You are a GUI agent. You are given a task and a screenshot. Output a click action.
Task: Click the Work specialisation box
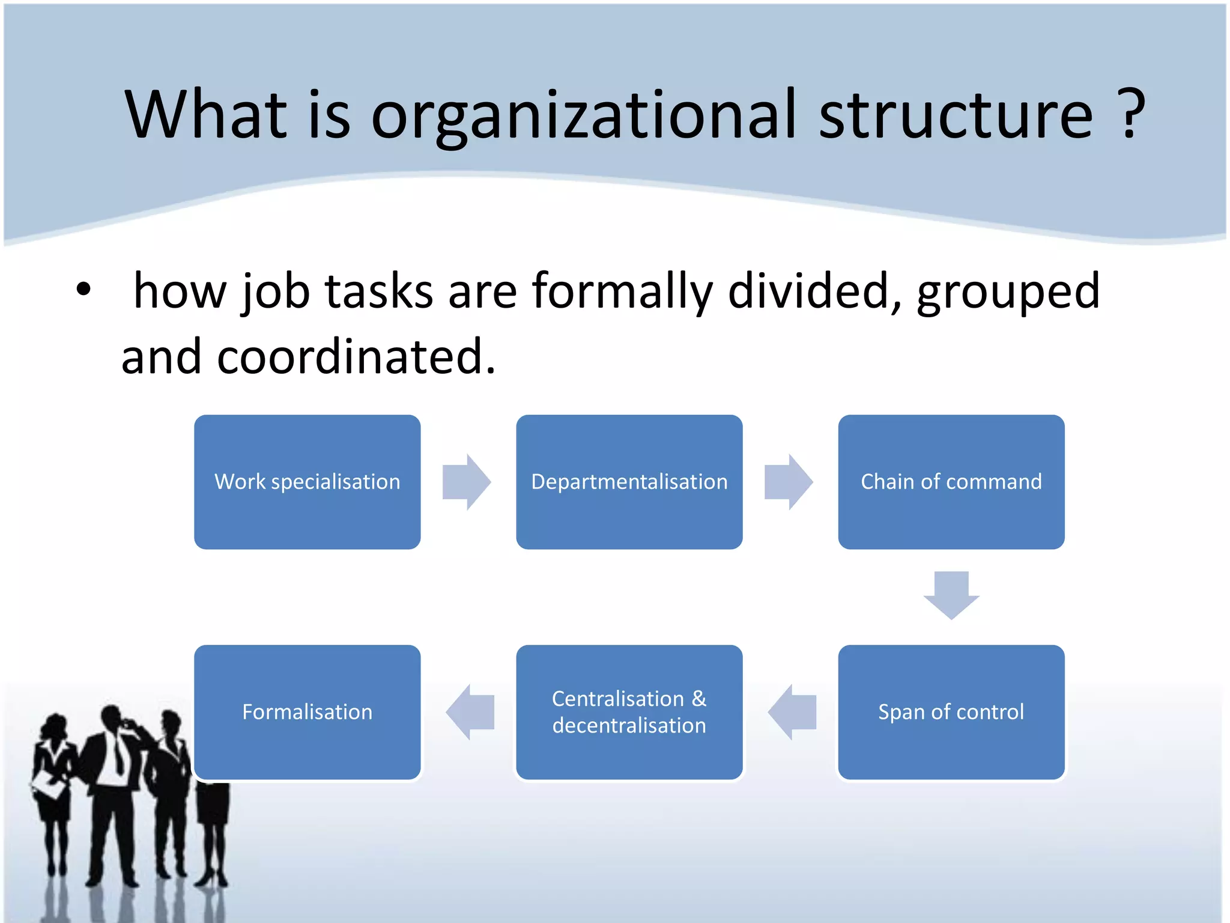tap(307, 481)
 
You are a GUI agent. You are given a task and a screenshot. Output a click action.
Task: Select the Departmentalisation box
tap(629, 481)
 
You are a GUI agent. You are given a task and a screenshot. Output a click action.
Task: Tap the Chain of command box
tap(951, 481)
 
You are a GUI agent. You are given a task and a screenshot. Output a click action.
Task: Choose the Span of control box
tap(951, 712)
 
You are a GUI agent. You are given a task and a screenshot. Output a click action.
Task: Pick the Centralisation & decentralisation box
tap(629, 712)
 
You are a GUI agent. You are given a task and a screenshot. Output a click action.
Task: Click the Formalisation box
tap(307, 712)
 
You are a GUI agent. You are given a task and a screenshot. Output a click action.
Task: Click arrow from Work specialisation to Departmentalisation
tap(467, 482)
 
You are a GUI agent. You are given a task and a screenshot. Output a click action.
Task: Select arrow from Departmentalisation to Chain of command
tap(789, 482)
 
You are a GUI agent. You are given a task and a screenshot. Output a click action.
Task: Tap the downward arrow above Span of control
tap(951, 595)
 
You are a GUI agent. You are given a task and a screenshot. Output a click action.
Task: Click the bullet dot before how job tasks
tap(83, 290)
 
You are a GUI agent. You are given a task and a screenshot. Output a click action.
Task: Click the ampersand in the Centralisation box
tap(698, 699)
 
